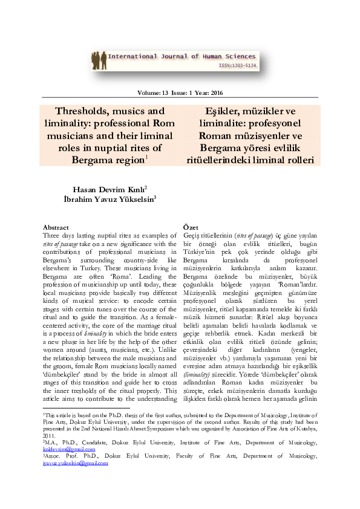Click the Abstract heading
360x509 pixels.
pyautogui.click(x=56, y=227)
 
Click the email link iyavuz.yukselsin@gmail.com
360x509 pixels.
pyautogui.click(x=75, y=463)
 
